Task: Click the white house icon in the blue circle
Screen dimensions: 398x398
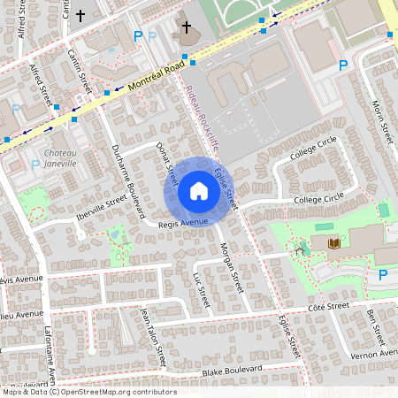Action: click(199, 191)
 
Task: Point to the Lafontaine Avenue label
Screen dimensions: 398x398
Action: click(49, 357)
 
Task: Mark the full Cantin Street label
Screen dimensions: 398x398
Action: click(80, 70)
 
